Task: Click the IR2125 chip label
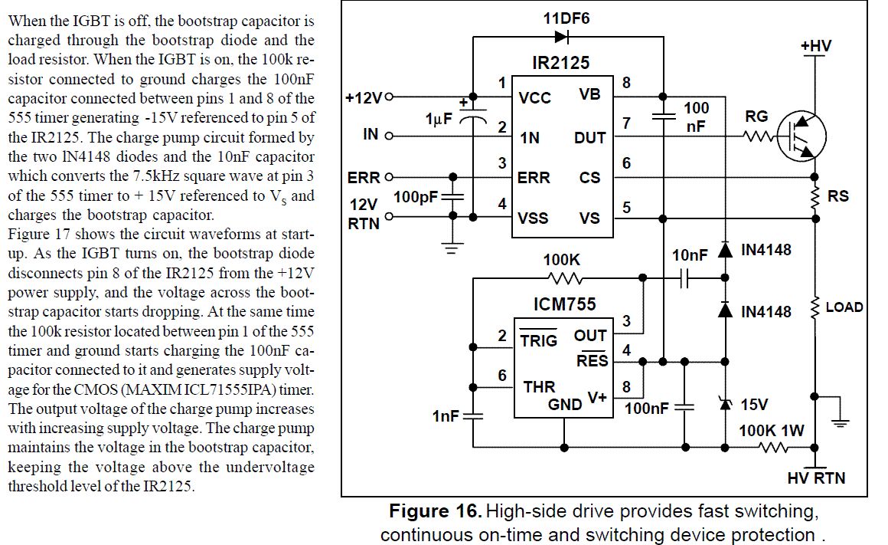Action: point(561,62)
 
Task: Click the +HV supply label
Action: point(816,47)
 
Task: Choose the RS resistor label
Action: point(838,196)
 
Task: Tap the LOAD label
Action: point(844,307)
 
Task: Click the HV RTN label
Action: point(816,478)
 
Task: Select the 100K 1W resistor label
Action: point(771,431)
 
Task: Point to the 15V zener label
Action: point(754,403)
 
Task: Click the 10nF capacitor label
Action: point(689,255)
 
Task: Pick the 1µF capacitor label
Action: point(439,120)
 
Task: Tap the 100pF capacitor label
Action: point(416,198)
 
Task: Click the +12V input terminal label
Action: point(364,97)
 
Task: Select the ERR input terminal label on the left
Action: point(364,178)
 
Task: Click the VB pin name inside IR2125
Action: point(590,95)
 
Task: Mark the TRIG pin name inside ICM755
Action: point(539,340)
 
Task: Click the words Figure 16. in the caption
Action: point(436,511)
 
